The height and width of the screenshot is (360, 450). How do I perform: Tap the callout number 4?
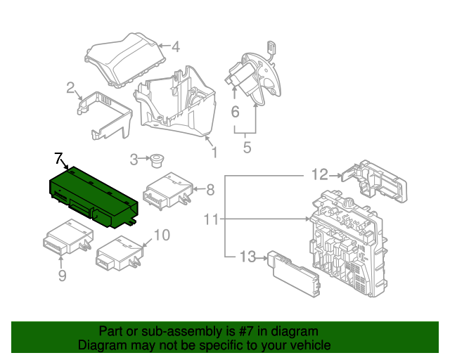pos(176,47)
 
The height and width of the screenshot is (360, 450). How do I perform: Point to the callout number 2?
pos(71,88)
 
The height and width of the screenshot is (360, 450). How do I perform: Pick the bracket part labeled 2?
pos(105,113)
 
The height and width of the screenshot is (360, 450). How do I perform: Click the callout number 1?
pos(214,151)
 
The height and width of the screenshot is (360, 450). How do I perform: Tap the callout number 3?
pos(134,160)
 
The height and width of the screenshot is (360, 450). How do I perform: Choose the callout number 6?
pos(235,111)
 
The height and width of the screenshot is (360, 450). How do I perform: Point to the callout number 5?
pos(247,148)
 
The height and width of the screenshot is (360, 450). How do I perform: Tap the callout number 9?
pos(62,276)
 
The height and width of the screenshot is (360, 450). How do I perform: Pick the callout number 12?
pos(320,174)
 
